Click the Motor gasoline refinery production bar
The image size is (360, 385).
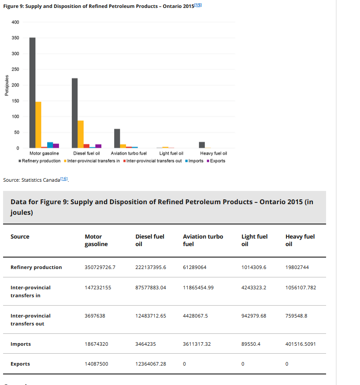click(33, 93)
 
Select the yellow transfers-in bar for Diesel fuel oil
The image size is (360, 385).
click(81, 135)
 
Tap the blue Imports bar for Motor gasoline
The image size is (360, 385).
click(50, 145)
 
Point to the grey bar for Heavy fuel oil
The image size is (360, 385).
click(202, 145)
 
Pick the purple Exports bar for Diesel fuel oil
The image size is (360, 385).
click(98, 146)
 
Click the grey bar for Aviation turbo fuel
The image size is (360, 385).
click(117, 138)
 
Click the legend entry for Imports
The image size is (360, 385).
click(194, 161)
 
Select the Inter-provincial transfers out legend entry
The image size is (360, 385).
click(152, 161)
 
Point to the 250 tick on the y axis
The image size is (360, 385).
click(15, 69)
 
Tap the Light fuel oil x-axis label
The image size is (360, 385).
click(171, 153)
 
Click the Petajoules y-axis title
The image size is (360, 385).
click(7, 86)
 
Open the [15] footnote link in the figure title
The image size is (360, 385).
click(198, 5)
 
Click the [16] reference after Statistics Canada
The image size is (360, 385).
click(64, 179)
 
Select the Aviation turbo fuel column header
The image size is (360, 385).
click(203, 240)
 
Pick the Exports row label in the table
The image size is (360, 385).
click(20, 364)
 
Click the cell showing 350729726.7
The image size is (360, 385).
click(100, 267)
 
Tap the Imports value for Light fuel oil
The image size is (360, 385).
click(251, 344)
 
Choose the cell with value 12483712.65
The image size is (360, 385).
click(151, 316)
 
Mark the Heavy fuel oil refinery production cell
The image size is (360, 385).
click(297, 267)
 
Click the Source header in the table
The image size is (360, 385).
click(20, 236)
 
